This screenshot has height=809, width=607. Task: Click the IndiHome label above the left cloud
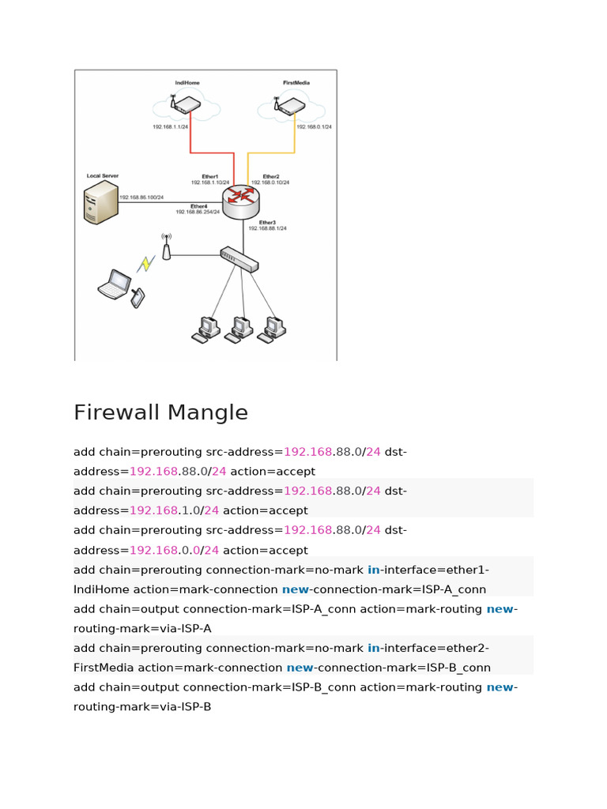pyautogui.click(x=187, y=82)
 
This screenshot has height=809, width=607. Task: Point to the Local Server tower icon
pyautogui.click(x=100, y=202)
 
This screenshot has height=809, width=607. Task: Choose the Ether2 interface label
pyautogui.click(x=271, y=176)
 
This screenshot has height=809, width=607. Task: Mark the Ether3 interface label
pyautogui.click(x=267, y=223)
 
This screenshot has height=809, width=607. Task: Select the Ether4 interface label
pyautogui.click(x=198, y=206)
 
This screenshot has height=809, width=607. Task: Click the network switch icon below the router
pyautogui.click(x=239, y=258)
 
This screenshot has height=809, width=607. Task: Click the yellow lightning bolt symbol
pyautogui.click(x=145, y=263)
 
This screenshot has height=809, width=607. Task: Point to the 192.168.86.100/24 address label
pyautogui.click(x=142, y=198)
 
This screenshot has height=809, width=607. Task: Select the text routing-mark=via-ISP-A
pyautogui.click(x=142, y=629)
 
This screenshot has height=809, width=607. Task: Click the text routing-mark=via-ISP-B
pyautogui.click(x=142, y=707)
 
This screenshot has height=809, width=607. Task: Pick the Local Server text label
pyautogui.click(x=103, y=175)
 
